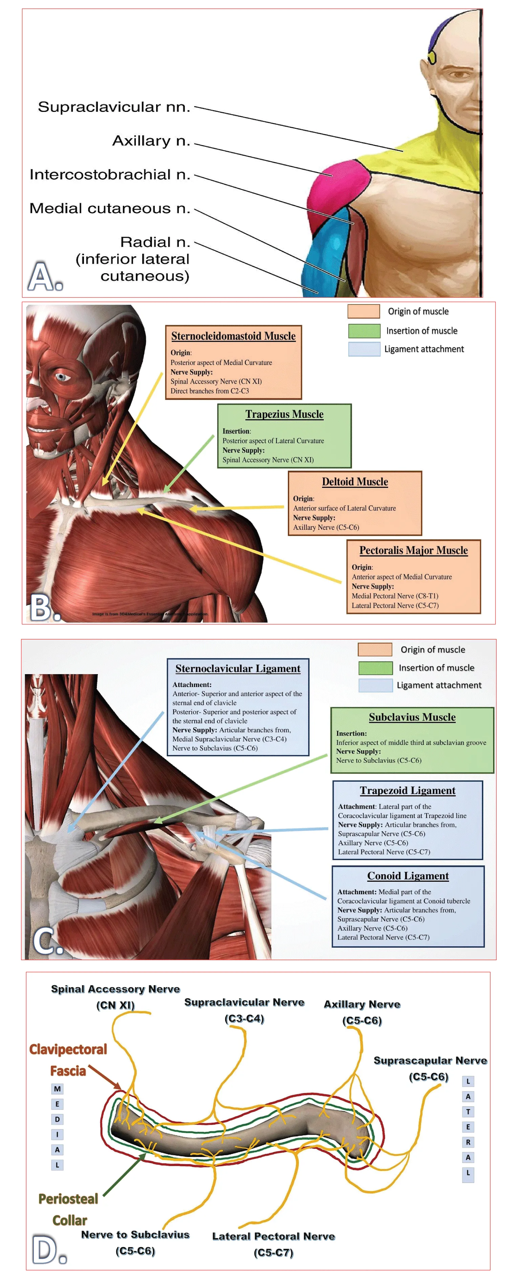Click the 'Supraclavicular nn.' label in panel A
114,107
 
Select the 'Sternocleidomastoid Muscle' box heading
233,336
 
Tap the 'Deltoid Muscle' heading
355,481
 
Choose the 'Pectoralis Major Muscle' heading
414,550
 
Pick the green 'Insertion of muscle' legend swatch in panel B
364,330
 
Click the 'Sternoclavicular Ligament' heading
238,668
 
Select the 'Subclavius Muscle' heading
412,717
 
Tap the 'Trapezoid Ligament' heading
407,790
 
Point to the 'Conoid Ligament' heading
408,876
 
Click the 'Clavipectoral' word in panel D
68,1049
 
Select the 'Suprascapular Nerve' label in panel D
430,1060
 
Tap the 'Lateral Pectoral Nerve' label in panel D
274,1236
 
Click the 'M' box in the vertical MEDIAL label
57,1089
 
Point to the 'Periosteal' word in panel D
68,1199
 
